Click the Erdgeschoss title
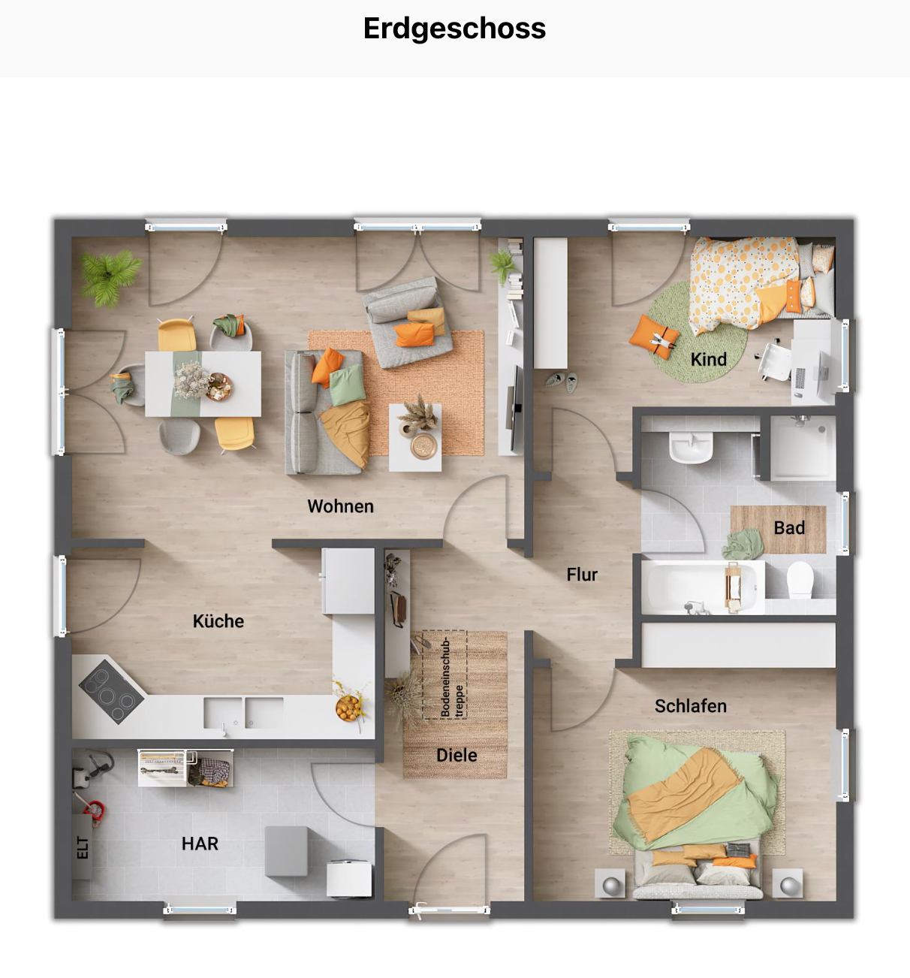(454, 29)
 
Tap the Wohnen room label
(340, 506)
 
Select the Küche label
(218, 621)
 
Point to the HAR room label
(200, 844)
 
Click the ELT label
(83, 847)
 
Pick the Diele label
(457, 755)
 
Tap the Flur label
(582, 574)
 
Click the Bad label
(789, 528)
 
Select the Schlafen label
(690, 706)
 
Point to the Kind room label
(709, 360)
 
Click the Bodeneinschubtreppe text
(451, 677)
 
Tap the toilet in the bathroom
(799, 580)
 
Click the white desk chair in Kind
(775, 361)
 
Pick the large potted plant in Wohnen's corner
(110, 276)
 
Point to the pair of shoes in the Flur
(562, 381)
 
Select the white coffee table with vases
(415, 438)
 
